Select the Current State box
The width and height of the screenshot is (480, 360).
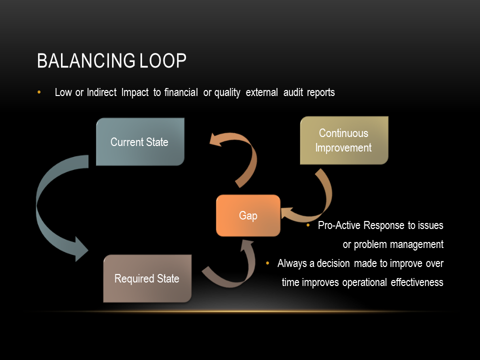coord(139,142)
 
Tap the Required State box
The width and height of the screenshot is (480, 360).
coord(147,278)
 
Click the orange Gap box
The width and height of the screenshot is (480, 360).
coord(248,215)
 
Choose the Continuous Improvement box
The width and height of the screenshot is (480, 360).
coord(343,140)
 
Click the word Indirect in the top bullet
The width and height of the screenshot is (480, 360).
coord(101,93)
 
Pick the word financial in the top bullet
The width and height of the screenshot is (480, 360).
coord(181,93)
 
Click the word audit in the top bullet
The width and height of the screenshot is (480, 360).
coord(292,93)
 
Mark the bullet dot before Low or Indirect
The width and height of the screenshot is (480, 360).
coord(39,92)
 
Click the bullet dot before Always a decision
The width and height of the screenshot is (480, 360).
coord(267,263)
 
